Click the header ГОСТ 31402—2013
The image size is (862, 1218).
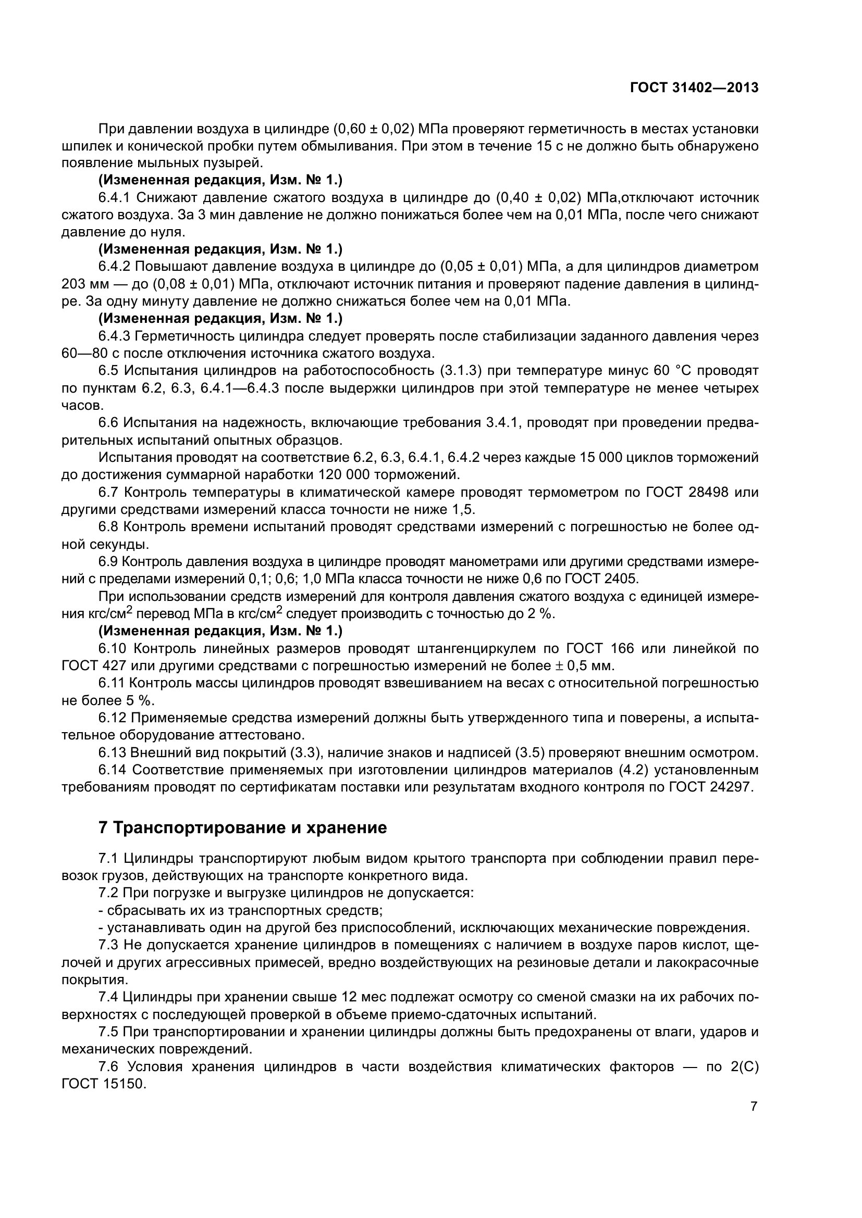point(694,87)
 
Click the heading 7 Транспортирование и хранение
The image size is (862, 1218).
point(242,827)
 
